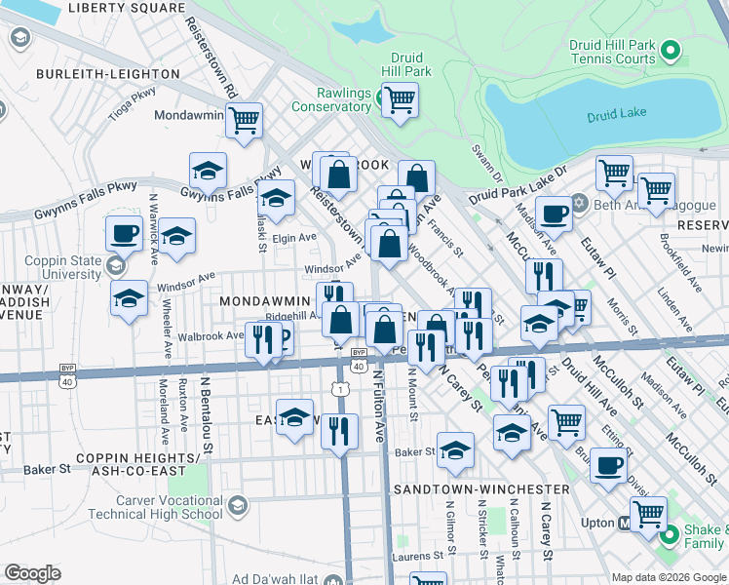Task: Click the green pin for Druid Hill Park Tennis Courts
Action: pos(671,50)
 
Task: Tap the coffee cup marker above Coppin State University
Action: pos(125,234)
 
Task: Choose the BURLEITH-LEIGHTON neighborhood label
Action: pos(96,74)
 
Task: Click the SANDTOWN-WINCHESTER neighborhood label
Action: pos(481,488)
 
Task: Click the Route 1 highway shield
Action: pos(338,389)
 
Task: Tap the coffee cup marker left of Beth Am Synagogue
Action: pos(554,212)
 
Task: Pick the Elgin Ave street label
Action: pos(295,237)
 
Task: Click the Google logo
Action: pos(33,572)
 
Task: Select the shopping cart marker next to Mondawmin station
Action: pos(244,121)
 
